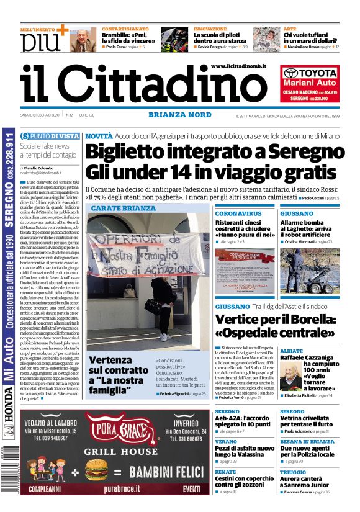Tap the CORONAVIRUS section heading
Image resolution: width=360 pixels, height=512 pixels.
[x=238, y=213]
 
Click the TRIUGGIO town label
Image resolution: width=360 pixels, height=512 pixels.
[x=292, y=472]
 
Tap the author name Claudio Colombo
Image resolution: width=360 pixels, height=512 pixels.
[x=39, y=168]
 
